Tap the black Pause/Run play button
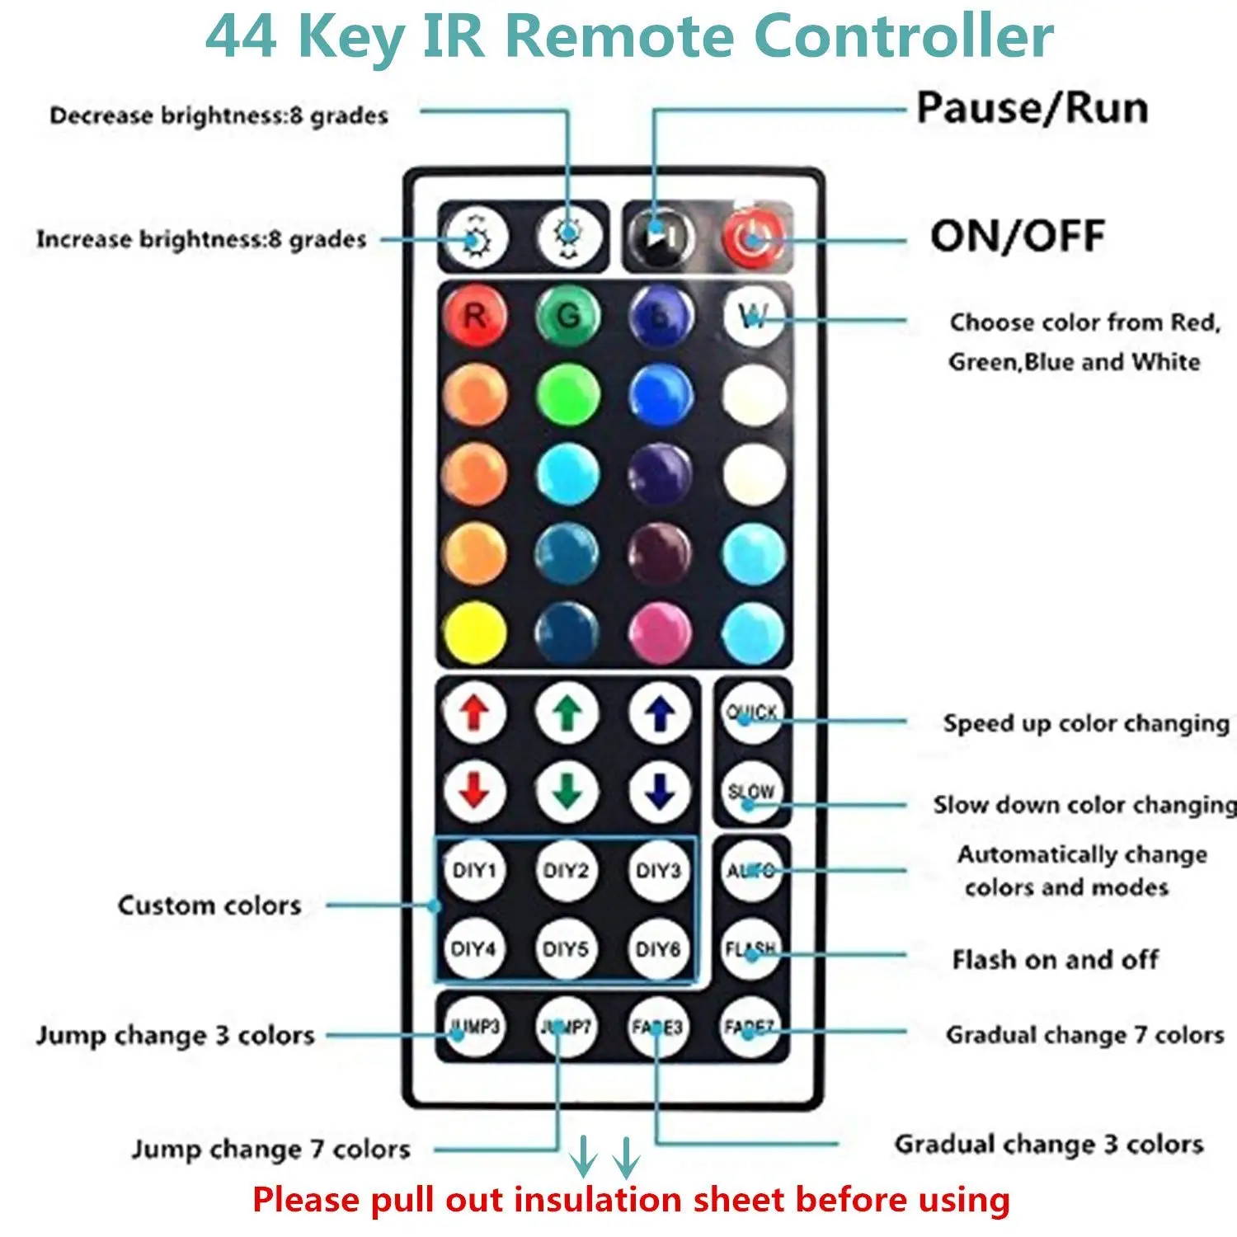[659, 237]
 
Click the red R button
[474, 316]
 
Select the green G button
[567, 316]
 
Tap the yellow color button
[474, 633]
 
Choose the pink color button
[660, 633]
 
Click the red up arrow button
[474, 713]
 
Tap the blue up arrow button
[660, 713]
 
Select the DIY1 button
[474, 871]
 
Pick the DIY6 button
[658, 949]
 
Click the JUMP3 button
[474, 1028]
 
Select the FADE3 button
[658, 1028]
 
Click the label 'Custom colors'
[209, 905]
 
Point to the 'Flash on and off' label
[1055, 960]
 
